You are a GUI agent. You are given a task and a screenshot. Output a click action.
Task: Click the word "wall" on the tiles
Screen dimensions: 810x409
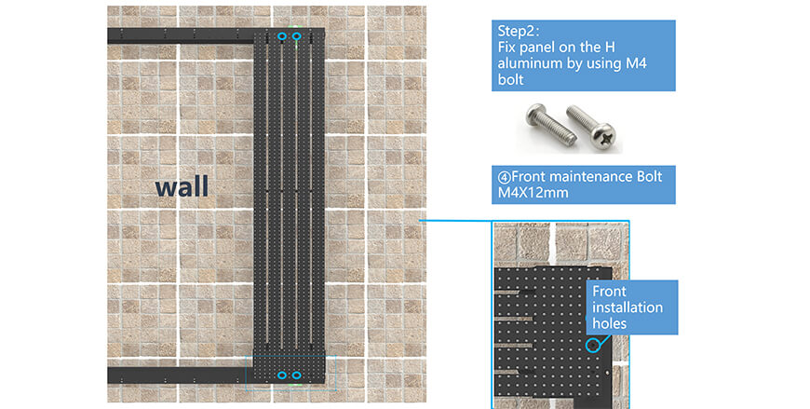tap(182, 186)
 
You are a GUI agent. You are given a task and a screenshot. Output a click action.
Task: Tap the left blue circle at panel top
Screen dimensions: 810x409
tap(282, 36)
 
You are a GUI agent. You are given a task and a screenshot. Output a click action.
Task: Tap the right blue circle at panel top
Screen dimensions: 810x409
tap(296, 36)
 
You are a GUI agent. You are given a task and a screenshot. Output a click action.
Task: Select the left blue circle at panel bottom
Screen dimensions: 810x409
tap(282, 375)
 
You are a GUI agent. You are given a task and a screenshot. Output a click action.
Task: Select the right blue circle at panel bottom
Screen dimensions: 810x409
tap(296, 375)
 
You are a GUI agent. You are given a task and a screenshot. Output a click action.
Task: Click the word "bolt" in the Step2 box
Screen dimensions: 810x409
tap(510, 79)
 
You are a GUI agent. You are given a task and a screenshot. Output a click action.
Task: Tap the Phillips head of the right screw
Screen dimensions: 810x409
tap(604, 137)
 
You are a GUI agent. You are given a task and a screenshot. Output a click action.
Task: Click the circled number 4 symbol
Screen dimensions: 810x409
tap(505, 177)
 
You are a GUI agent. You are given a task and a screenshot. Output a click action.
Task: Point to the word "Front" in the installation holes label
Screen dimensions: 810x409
tap(609, 291)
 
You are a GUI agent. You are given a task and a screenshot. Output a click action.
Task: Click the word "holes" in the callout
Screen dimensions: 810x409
tap(609, 323)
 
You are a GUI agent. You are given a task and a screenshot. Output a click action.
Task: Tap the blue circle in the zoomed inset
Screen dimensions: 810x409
tap(594, 345)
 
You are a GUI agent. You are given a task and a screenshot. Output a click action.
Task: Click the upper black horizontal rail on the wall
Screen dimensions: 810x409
tap(181, 36)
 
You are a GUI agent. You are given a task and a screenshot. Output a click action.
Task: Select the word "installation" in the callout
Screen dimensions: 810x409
tap(628, 307)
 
